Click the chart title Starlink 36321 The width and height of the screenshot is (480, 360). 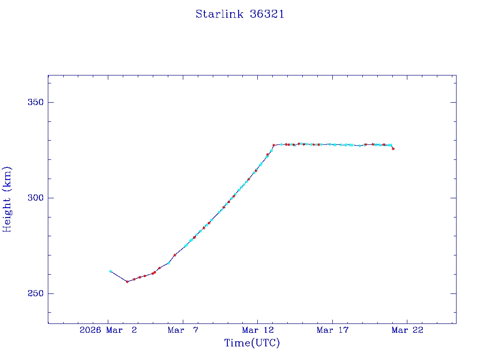tap(240, 14)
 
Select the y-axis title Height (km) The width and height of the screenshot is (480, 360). tap(7, 199)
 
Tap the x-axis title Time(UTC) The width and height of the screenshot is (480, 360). tap(252, 343)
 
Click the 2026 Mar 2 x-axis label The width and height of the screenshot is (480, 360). tap(108, 330)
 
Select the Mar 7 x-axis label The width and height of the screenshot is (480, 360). tap(176, 330)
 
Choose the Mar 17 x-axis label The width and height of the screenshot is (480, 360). tap(332, 330)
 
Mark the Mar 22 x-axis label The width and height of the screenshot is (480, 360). tap(407, 330)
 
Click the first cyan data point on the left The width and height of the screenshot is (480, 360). tap(110, 271)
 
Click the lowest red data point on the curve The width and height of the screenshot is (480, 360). tap(127, 282)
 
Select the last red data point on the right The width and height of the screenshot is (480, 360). tap(393, 149)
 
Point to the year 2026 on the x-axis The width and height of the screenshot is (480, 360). tap(90, 330)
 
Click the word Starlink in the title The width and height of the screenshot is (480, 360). tap(219, 14)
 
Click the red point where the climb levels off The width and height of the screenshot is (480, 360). tap(274, 145)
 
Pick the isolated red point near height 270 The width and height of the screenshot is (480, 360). tap(175, 255)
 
